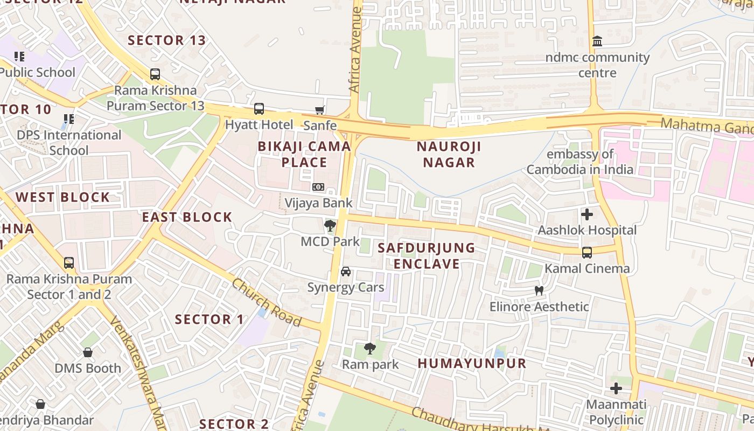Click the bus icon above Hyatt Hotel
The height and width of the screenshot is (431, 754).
[259, 109]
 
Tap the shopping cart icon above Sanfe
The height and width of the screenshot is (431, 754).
[320, 110]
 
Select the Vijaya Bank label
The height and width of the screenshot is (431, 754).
[318, 203]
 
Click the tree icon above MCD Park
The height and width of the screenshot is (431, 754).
[330, 226]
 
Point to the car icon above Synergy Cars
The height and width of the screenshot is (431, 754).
[346, 272]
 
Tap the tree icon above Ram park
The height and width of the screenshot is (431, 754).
[370, 349]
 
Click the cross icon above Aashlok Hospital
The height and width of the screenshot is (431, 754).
[587, 214]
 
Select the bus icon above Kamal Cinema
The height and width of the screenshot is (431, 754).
[587, 252]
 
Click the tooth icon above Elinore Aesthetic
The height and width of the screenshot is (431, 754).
[539, 291]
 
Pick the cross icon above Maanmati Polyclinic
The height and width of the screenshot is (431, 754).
[616, 388]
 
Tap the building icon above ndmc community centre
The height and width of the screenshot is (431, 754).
[597, 41]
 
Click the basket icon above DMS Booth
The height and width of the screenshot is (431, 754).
[88, 352]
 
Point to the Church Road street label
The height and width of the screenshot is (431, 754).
[266, 302]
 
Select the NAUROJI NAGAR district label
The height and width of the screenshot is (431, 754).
[449, 154]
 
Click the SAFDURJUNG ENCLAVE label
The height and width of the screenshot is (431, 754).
[426, 255]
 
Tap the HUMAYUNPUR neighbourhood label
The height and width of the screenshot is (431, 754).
[472, 363]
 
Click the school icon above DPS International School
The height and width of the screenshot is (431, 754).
[68, 119]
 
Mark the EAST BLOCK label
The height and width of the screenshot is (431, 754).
[187, 217]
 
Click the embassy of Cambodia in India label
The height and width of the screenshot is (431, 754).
[580, 162]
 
